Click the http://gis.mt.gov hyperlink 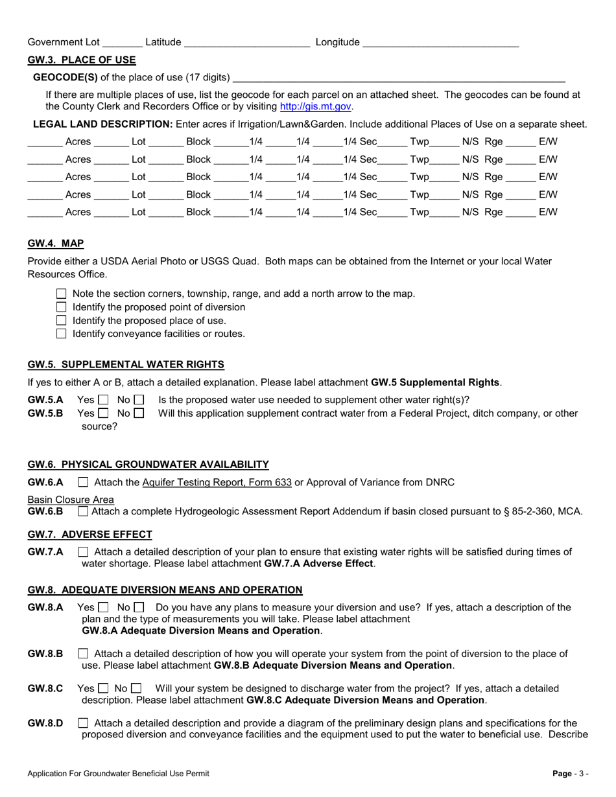(x=316, y=106)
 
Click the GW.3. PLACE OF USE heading (x=82, y=60)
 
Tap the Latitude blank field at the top (x=247, y=43)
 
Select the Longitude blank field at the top (x=440, y=43)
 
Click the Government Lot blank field (x=122, y=43)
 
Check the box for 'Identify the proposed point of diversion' (x=62, y=307)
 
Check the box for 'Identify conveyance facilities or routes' (x=62, y=334)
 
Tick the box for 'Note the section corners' (x=62, y=294)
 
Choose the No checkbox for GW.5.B (x=139, y=413)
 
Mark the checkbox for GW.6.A (x=83, y=482)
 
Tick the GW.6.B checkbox (x=83, y=511)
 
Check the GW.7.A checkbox (x=83, y=552)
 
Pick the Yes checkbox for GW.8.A (x=103, y=608)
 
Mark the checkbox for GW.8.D (x=83, y=723)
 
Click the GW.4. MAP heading (x=56, y=244)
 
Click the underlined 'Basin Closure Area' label (x=71, y=500)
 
